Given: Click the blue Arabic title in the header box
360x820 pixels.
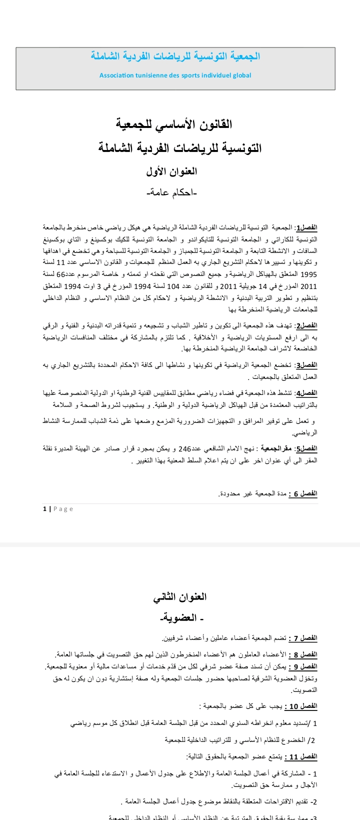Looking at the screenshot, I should [175, 56].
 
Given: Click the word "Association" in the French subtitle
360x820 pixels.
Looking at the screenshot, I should [116, 75].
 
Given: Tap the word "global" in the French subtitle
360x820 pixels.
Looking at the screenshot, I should [242, 75].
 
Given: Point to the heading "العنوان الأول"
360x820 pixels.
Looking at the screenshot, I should [172, 171].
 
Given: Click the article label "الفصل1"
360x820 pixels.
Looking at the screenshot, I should [306, 227].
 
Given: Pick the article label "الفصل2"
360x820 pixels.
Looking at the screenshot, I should [306, 325].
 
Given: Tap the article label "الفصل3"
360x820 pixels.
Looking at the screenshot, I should [306, 365].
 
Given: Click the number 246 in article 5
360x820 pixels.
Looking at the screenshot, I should [185, 449].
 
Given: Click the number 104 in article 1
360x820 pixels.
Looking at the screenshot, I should [186, 286].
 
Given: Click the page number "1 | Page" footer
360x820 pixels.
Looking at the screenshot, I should [58, 509].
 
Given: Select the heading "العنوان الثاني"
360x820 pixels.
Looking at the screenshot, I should [180, 596].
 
